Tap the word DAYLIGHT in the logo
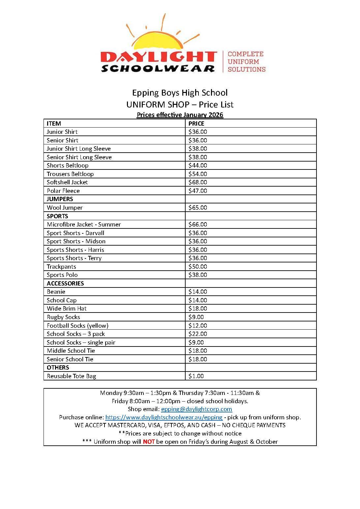coord(159,57)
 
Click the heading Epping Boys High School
coord(180,93)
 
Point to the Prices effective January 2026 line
coord(180,115)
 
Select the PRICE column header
coord(196,124)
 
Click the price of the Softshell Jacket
coord(198,182)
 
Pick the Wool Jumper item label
coord(65,208)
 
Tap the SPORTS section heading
coord(57,216)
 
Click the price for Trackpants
coord(198,267)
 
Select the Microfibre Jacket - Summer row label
coord(84,225)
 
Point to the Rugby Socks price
coord(196,317)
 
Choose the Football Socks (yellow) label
coord(77,326)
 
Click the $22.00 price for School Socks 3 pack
coord(198,334)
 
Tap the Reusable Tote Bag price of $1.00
coord(196,376)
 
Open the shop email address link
coord(196,409)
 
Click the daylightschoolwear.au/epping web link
coord(164,417)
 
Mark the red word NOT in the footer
coord(149,442)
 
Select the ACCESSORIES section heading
coord(65,284)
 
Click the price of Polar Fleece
coord(198,191)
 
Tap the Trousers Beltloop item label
coord(70,174)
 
